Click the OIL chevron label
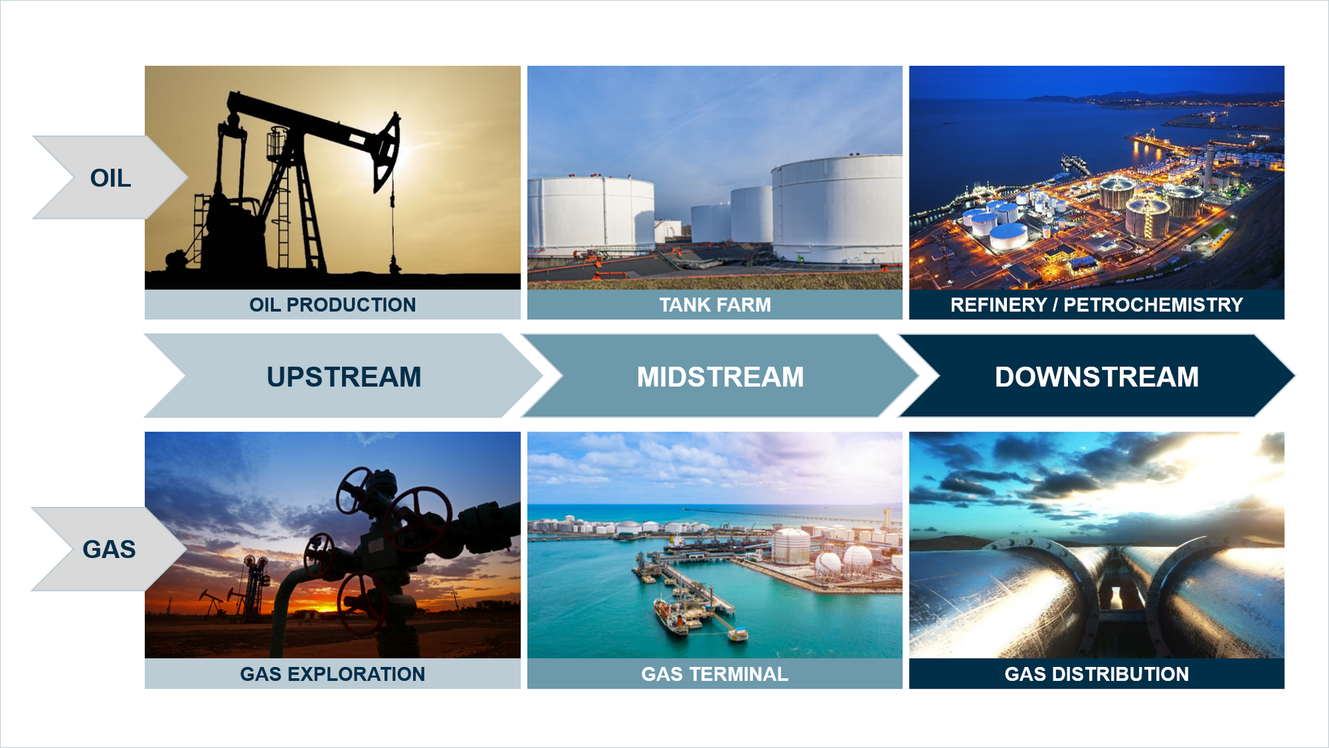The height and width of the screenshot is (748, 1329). [110, 178]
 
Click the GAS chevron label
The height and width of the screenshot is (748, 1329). [109, 549]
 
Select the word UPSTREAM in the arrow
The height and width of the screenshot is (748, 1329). [344, 377]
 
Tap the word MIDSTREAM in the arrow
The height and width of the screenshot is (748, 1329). [720, 377]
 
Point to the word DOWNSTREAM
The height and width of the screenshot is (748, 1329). [1096, 377]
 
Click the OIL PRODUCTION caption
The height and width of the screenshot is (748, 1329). [332, 305]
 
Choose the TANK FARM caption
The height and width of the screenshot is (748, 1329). [715, 305]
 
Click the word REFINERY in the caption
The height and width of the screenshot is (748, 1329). [998, 305]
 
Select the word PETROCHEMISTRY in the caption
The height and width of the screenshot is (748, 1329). [1153, 305]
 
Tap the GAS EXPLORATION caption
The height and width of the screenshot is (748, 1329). [332, 674]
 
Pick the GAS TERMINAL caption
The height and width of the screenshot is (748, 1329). [715, 674]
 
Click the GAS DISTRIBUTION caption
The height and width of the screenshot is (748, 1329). [1096, 674]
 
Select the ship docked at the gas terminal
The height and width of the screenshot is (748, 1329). [670, 616]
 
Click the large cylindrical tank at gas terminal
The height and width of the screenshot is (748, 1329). [791, 546]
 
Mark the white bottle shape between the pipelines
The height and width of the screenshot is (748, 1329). [1116, 598]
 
